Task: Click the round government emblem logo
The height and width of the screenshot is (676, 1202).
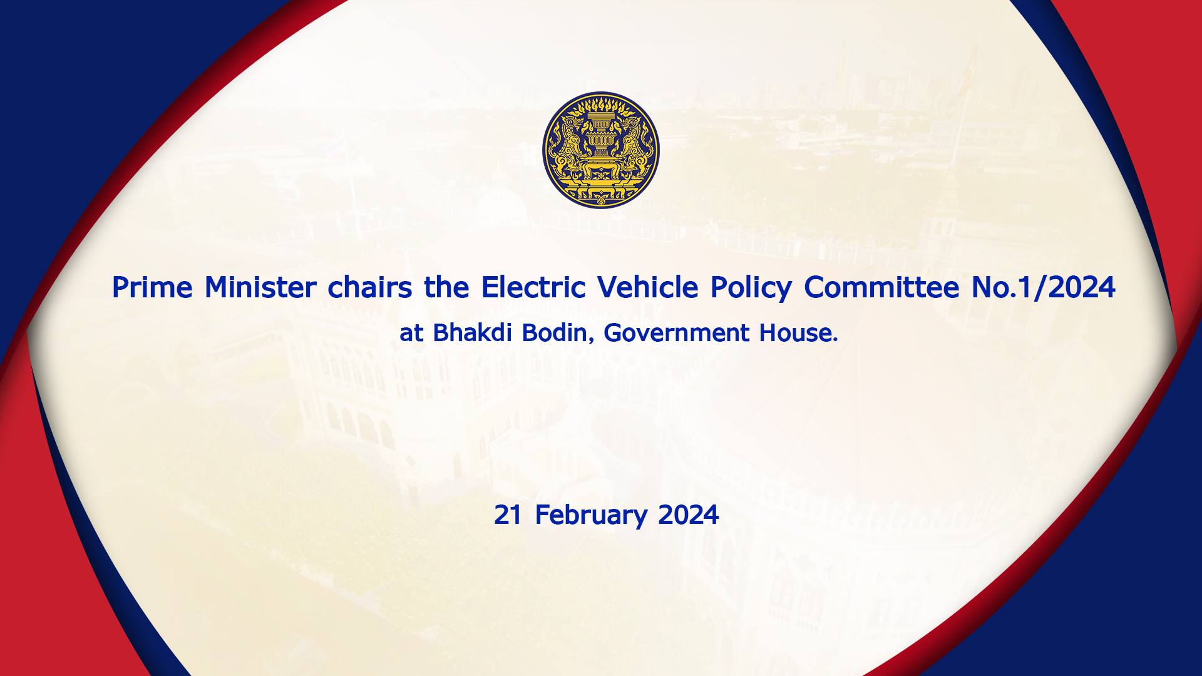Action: (x=601, y=150)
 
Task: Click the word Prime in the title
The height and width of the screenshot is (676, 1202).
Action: (x=152, y=287)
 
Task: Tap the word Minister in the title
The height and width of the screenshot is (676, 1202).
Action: (x=260, y=287)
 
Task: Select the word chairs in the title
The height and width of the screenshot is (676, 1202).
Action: (x=370, y=287)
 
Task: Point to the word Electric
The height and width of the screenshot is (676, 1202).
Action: (x=533, y=287)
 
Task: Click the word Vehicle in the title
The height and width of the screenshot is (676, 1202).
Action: (x=648, y=287)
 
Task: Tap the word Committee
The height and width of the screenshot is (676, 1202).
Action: (x=881, y=287)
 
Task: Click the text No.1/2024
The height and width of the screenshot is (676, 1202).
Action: (x=1044, y=287)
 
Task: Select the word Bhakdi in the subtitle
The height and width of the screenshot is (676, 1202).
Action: (x=473, y=332)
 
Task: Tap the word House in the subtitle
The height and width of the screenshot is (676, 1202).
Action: (x=798, y=332)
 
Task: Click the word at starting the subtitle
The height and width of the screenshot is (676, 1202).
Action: (x=411, y=334)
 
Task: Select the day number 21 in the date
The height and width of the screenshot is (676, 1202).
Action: (x=508, y=515)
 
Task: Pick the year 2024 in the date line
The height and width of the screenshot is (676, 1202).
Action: (x=689, y=515)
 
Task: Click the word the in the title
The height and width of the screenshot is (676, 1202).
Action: (x=447, y=287)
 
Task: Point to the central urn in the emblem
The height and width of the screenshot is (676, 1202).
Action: (x=601, y=138)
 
